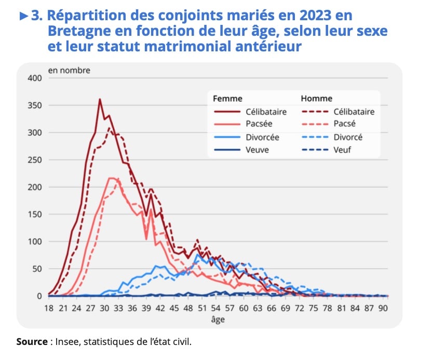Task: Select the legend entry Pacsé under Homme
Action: tap(344, 124)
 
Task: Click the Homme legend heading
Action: tap(317, 99)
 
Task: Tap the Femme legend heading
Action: tap(227, 99)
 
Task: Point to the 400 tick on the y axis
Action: tap(34, 78)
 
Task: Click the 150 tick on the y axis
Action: tap(34, 214)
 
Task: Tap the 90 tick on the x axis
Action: tap(383, 307)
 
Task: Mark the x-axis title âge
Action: tap(218, 320)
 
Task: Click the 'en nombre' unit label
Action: tap(69, 71)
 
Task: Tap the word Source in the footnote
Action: tap(32, 342)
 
